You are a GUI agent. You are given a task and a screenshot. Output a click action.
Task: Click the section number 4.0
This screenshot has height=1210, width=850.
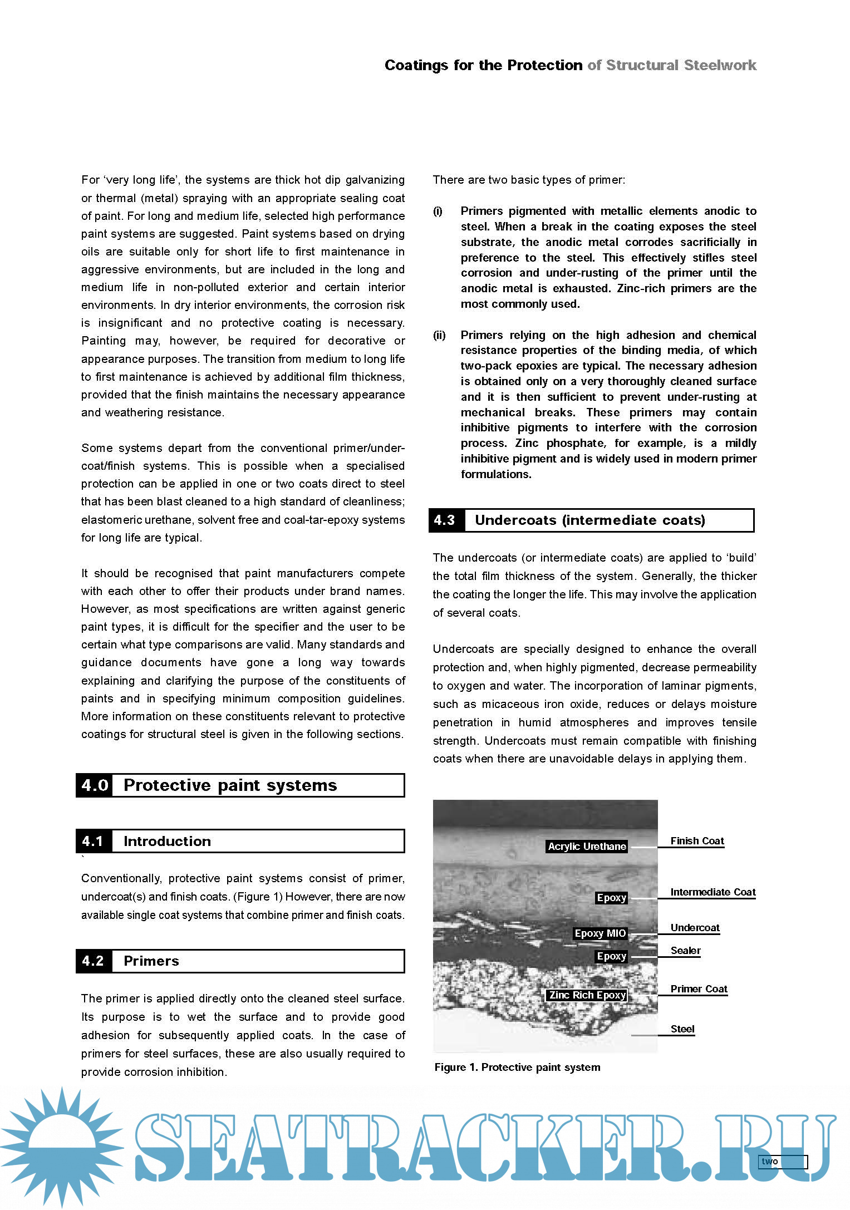(95, 785)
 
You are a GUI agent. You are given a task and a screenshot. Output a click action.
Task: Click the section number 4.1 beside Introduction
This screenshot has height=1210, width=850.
(94, 841)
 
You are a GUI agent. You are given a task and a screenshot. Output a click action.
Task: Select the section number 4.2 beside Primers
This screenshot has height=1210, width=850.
(94, 961)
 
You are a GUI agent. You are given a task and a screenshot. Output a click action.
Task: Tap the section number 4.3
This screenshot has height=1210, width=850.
(445, 520)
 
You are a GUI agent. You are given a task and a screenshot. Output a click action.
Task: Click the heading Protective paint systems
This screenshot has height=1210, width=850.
(230, 785)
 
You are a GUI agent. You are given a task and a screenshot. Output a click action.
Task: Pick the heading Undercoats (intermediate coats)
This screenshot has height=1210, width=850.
(589, 520)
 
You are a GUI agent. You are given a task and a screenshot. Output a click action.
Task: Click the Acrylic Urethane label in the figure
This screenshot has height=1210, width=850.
(587, 847)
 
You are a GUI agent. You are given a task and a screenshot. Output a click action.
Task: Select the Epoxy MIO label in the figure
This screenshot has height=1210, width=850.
(600, 933)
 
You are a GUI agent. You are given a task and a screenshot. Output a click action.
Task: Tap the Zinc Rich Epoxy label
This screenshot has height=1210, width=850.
(587, 995)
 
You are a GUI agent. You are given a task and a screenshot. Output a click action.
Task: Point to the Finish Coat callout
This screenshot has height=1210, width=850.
(697, 841)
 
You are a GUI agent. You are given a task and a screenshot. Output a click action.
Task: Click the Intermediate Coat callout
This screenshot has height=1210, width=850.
(713, 892)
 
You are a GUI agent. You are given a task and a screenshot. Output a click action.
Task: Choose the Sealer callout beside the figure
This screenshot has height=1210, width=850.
(685, 951)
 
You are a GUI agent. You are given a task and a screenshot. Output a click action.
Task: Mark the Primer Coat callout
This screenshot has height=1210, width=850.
(699, 989)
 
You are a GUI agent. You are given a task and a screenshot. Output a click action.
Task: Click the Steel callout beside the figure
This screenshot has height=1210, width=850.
(682, 1029)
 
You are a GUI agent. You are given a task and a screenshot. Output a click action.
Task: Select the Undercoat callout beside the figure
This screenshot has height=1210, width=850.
(695, 928)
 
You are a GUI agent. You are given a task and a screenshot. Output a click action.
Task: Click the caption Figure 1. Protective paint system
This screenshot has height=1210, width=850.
(517, 1067)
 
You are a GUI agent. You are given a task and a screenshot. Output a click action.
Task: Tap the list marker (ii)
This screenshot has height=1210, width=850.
(439, 335)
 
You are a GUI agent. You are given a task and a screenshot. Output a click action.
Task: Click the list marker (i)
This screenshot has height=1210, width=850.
(438, 211)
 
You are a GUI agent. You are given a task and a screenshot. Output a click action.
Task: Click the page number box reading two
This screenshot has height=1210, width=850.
(782, 1162)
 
